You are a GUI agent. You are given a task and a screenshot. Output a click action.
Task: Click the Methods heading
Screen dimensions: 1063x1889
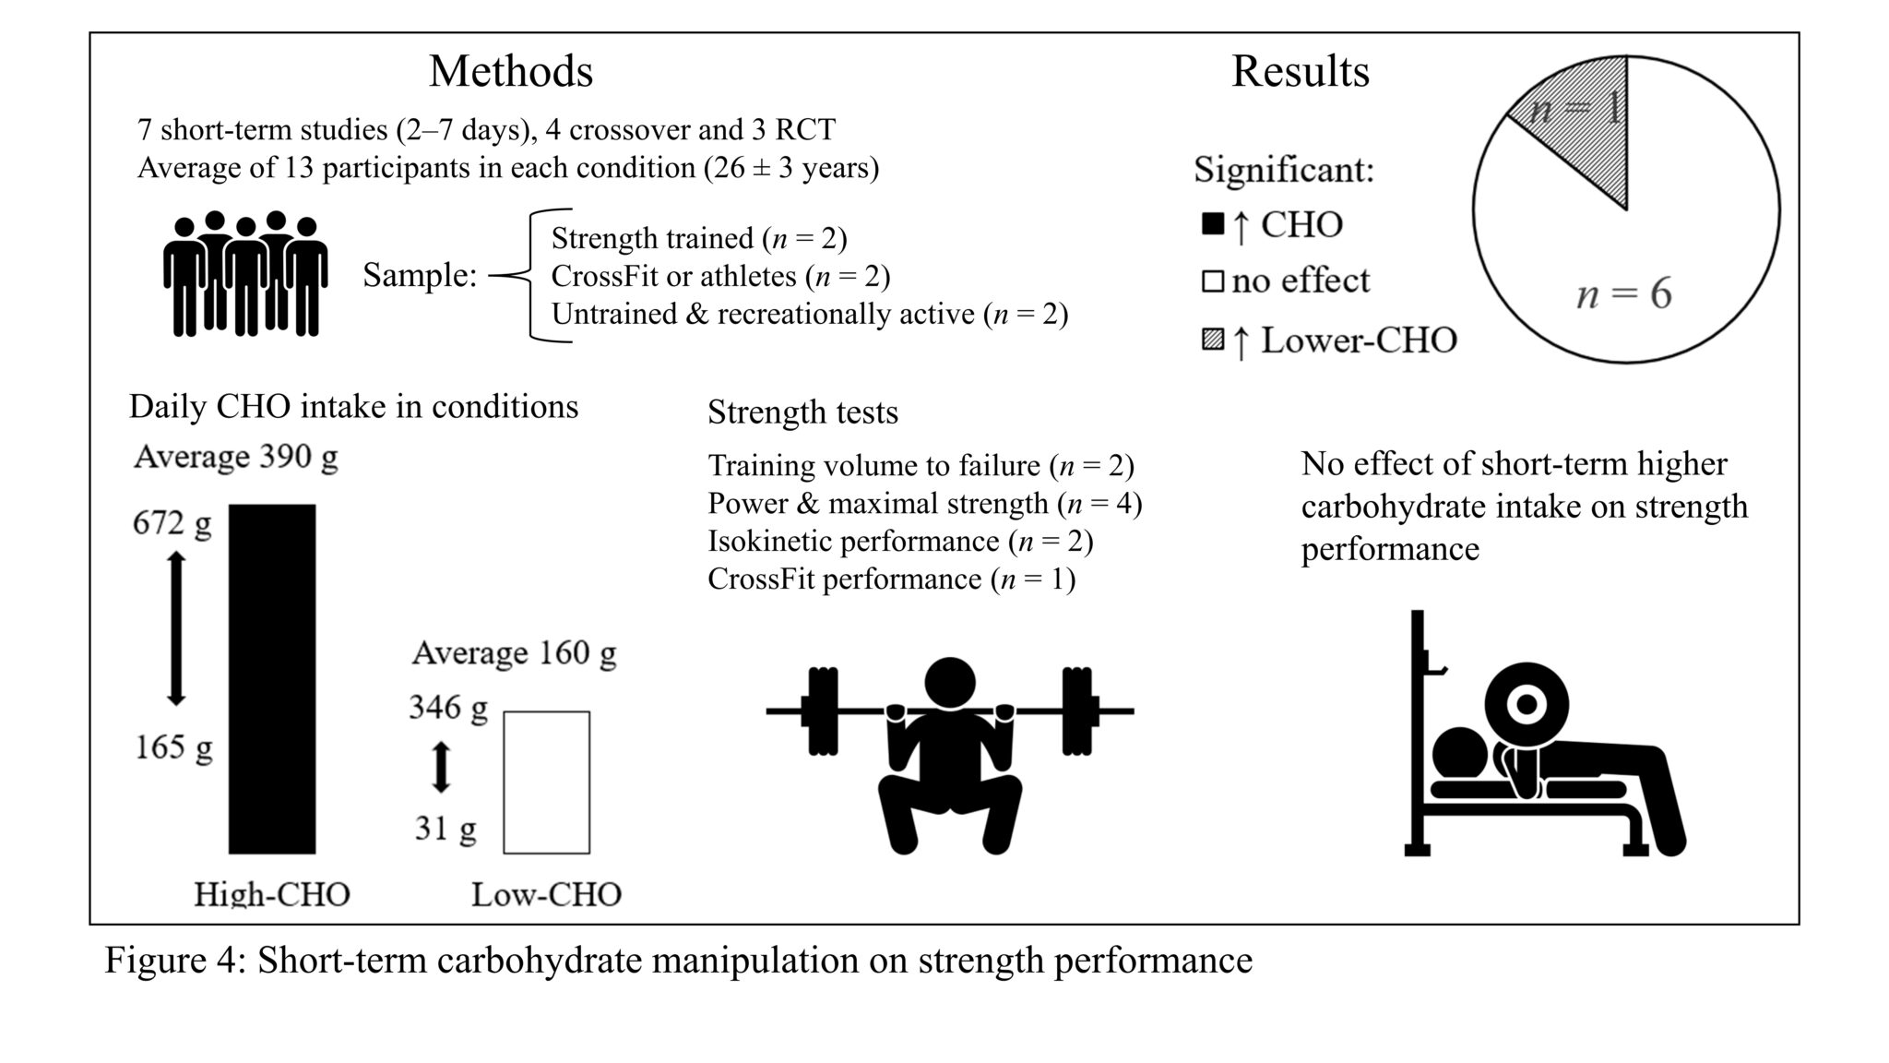pos(510,71)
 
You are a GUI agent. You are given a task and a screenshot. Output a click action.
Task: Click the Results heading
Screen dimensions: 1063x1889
pos(1300,71)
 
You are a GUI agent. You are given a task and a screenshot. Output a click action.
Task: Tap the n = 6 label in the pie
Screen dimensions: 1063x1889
pos(1623,294)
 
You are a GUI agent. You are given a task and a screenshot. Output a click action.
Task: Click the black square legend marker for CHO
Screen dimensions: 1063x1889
pos(1213,224)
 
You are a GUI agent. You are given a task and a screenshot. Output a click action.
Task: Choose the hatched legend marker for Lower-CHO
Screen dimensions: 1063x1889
pos(1213,340)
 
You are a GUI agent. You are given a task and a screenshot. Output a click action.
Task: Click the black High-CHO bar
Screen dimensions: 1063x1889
pos(272,678)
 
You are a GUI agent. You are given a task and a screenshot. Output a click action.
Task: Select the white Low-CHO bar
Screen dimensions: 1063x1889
pos(546,782)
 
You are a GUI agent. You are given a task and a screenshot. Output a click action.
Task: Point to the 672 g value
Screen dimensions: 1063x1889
pos(172,523)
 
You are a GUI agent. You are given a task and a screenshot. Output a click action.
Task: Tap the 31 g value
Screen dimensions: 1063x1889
pos(446,828)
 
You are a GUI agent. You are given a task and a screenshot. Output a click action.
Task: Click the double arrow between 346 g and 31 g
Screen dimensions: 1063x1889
pos(441,767)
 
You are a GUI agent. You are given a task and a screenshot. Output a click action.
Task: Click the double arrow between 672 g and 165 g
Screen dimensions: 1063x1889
pos(175,629)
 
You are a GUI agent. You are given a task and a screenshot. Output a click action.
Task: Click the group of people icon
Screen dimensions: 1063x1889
pos(245,273)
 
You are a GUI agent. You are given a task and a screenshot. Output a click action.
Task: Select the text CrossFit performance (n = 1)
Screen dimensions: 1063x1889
pos(891,579)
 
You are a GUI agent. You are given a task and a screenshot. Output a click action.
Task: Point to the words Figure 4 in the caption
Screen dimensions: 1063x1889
pos(172,961)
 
